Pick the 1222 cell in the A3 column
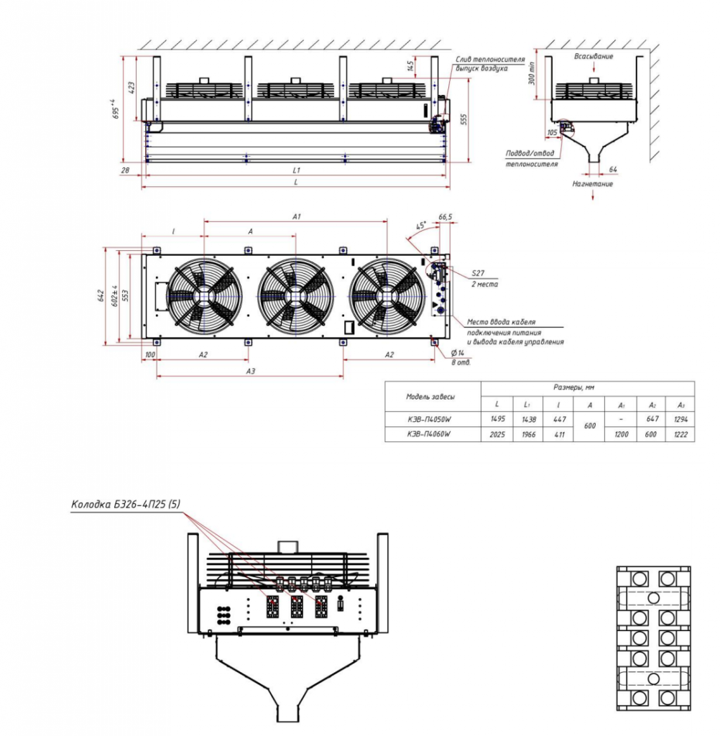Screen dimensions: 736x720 (x=679, y=434)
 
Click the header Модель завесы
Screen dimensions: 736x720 (x=430, y=396)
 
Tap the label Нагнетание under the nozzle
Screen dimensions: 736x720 (x=593, y=184)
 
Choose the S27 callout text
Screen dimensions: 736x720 (x=479, y=274)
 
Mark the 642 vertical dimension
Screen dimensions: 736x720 (x=101, y=296)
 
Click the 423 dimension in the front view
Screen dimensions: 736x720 (x=131, y=87)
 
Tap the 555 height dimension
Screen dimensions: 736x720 (x=463, y=119)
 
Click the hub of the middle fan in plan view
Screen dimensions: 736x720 (x=295, y=295)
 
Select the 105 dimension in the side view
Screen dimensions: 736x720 (x=551, y=133)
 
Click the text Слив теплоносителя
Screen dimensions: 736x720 (x=490, y=59)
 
